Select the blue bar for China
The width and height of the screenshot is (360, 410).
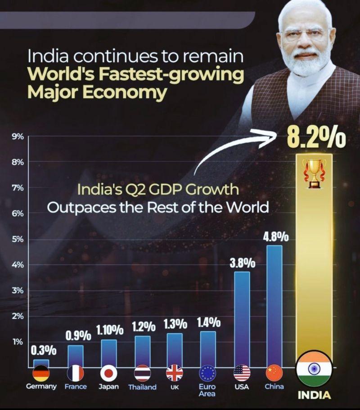click(274, 306)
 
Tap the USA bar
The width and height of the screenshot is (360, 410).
click(242, 319)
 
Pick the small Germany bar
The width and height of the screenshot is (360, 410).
click(41, 363)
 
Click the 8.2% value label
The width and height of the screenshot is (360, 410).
click(317, 139)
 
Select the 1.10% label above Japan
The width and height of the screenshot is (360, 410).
click(109, 330)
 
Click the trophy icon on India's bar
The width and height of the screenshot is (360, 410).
click(315, 173)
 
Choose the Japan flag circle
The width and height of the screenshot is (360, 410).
click(108, 373)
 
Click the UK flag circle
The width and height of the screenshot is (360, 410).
click(175, 373)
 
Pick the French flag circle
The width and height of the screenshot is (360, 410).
click(76, 373)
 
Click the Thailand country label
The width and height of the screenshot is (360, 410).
click(142, 387)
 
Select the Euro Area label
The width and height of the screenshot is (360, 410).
click(207, 390)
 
